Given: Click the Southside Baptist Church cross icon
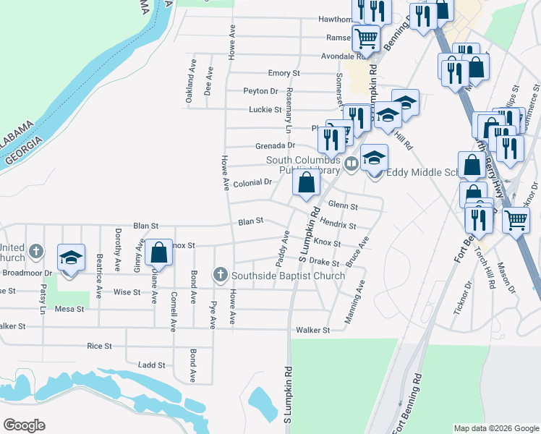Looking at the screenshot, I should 220,275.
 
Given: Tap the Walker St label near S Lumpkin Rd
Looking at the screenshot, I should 312,330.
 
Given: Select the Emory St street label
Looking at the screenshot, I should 284,73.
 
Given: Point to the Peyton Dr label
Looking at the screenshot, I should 260,91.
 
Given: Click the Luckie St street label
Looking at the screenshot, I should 265,109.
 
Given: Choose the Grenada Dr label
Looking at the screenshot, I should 275,145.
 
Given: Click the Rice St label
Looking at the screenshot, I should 99,346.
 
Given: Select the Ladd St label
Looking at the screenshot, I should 152,365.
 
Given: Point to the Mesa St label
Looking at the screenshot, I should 69,309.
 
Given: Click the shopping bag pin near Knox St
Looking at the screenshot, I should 159,252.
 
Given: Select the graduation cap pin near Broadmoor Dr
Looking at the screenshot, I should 71,258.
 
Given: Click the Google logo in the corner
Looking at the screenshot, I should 24,425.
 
